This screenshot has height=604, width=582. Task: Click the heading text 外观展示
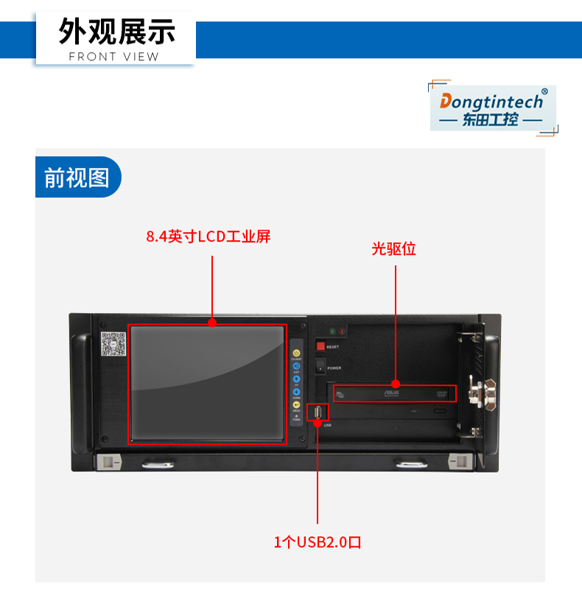[x=116, y=32]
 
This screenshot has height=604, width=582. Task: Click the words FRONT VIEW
[x=113, y=57]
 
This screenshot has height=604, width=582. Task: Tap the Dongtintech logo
[x=492, y=108]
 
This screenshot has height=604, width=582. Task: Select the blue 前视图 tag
[x=77, y=178]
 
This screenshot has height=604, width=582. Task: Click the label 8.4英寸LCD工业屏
[x=208, y=236]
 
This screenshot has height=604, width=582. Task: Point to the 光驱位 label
[x=394, y=249]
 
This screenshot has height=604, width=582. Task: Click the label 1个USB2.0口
[x=318, y=543]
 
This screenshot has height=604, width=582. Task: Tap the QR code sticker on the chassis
[x=113, y=343]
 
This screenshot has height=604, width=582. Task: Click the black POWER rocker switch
[x=320, y=366]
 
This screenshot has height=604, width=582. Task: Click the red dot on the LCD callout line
[x=212, y=322]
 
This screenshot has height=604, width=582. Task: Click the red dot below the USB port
[x=318, y=423]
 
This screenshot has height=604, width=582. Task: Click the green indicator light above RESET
[x=333, y=332]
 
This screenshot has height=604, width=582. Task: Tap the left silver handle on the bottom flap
[x=159, y=464]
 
